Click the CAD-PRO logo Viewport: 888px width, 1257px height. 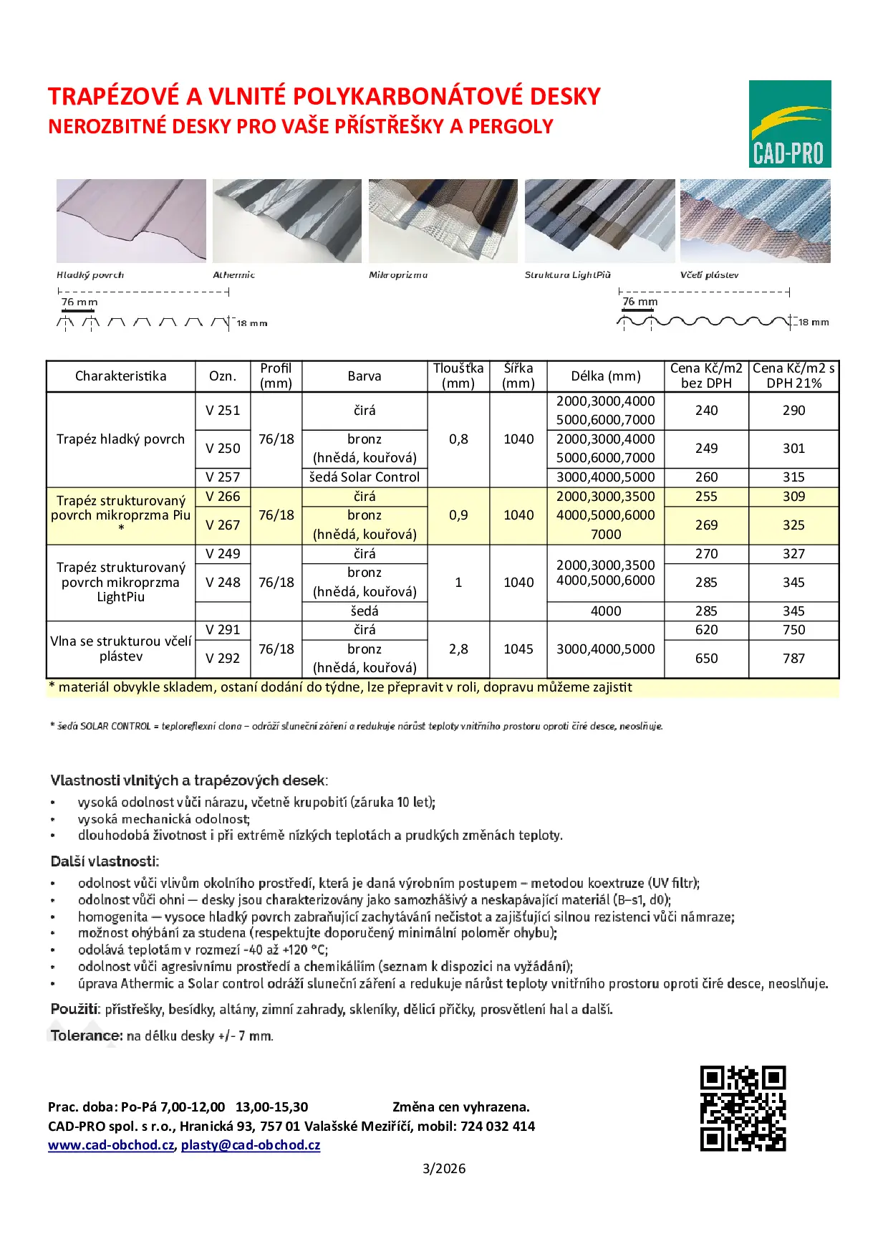[x=790, y=124]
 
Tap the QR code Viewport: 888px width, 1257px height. [x=743, y=1109]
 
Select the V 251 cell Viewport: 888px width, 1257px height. [x=223, y=411]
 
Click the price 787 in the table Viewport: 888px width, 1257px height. [x=793, y=659]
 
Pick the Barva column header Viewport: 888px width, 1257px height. [x=365, y=376]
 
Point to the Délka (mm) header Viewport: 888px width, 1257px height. [x=606, y=376]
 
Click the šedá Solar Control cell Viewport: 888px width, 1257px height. [x=365, y=477]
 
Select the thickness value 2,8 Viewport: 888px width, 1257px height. [x=458, y=649]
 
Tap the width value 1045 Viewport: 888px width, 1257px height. [x=518, y=649]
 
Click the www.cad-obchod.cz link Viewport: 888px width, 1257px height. [x=111, y=1145]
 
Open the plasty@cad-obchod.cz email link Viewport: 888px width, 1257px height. [x=251, y=1145]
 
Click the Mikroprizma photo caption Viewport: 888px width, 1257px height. [x=398, y=275]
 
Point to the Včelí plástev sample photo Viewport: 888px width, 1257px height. [x=755, y=221]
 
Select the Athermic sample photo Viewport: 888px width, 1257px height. [x=287, y=221]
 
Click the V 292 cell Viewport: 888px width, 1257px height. [x=223, y=659]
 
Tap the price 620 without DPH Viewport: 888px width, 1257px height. [x=706, y=630]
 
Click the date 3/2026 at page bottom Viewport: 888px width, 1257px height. [x=444, y=1169]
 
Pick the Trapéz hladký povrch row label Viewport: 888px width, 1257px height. [x=120, y=439]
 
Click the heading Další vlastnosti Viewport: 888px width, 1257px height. [x=105, y=861]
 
